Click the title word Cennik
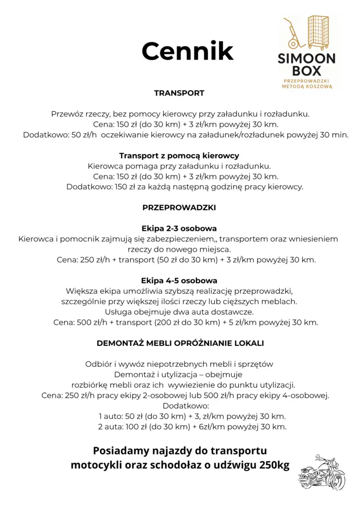(187, 51)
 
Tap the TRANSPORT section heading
(179, 93)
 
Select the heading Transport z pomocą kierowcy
(179, 156)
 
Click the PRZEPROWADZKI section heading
(179, 207)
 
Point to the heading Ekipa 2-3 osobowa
(179, 229)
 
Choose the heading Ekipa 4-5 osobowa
(179, 280)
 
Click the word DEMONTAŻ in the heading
(117, 343)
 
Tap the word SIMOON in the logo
(307, 58)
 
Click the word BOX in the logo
(307, 71)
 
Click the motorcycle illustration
(322, 472)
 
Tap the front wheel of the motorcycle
(337, 481)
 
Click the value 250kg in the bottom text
(272, 466)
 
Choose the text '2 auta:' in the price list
(110, 426)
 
